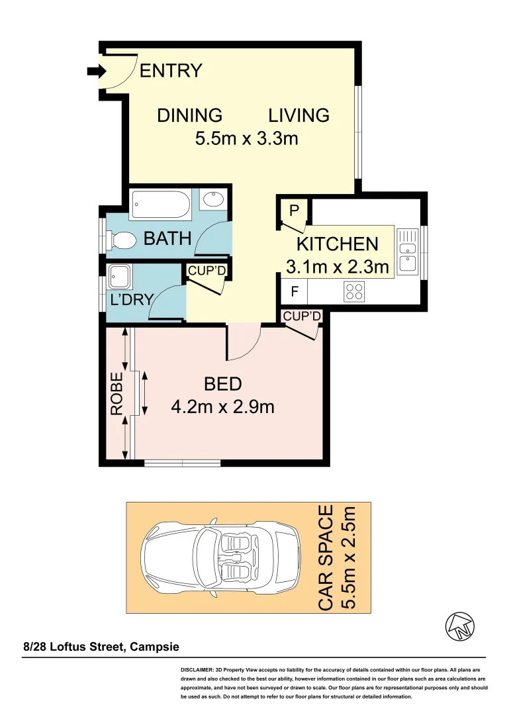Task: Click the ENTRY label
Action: (x=171, y=71)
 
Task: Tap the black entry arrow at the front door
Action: (x=91, y=71)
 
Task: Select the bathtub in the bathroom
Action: (x=162, y=204)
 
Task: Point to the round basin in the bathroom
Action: (x=214, y=199)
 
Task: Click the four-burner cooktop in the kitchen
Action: (x=354, y=291)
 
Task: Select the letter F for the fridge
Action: (x=295, y=291)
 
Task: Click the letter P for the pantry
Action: (x=295, y=211)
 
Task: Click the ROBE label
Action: (x=117, y=395)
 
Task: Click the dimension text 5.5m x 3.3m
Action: (x=246, y=139)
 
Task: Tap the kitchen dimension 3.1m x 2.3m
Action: (x=337, y=267)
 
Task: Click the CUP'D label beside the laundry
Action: (x=207, y=271)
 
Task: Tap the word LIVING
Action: (x=299, y=115)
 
